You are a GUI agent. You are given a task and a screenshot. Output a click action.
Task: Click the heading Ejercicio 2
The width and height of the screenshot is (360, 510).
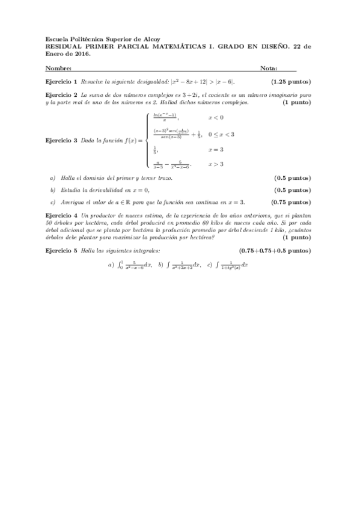tap(61, 95)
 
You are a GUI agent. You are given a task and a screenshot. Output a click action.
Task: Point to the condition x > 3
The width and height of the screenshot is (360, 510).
tap(216, 164)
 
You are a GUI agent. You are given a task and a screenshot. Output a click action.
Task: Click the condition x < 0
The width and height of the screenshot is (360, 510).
tap(216, 117)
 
